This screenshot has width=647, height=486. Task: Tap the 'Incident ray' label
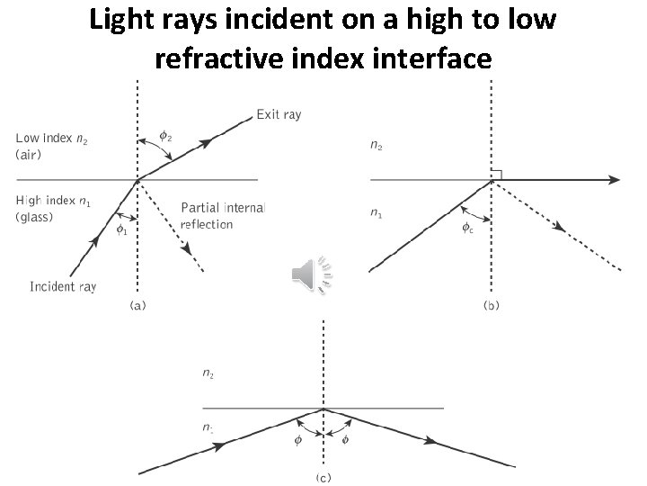coord(63,286)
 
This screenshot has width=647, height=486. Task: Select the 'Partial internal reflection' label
coord(222,216)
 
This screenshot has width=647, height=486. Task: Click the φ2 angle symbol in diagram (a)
coord(165,137)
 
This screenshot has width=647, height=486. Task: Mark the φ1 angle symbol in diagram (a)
coord(121,229)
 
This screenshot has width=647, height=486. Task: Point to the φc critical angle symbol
coord(468,228)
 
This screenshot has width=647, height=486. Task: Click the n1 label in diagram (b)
coord(376,213)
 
